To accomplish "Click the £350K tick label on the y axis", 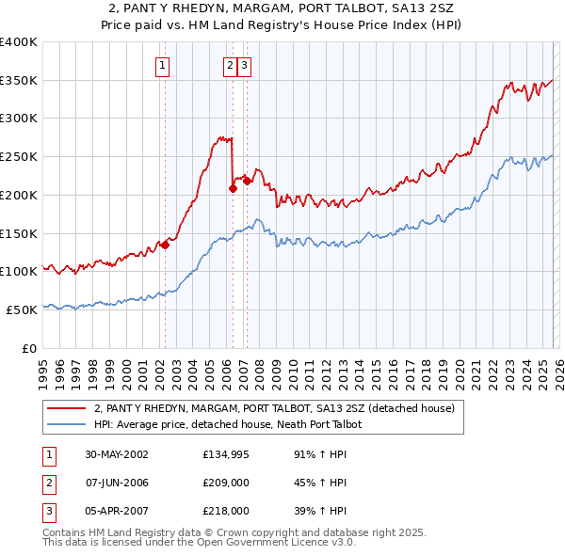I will (19, 81).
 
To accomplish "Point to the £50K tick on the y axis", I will (19, 309).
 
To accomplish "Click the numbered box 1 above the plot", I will (163, 66).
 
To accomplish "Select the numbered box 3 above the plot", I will (244, 66).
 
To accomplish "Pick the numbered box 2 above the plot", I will (230, 66).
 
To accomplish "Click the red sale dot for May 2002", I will (165, 246).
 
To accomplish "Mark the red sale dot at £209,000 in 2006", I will (233, 188).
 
